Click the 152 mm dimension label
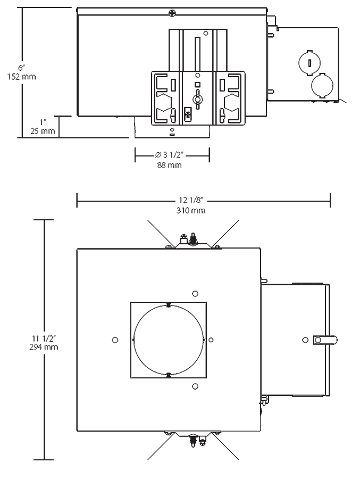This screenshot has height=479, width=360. [22, 77]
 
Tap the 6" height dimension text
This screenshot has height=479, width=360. [22, 68]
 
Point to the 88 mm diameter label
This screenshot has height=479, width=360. [171, 166]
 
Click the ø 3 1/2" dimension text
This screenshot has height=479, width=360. [171, 155]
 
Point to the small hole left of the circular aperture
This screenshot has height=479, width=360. [115, 340]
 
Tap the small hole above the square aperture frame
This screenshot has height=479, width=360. [195, 293]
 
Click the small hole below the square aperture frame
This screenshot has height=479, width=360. [195, 386]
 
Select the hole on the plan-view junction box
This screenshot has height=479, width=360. [304, 339]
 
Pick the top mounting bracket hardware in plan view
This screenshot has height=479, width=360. [191, 240]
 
